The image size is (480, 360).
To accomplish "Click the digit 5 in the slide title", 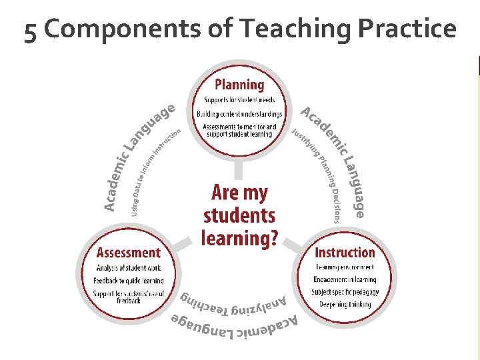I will point(30,31).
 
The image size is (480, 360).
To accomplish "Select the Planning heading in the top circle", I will point(239,85).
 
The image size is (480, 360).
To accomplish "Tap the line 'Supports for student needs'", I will point(239,101).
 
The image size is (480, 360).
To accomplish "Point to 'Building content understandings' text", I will point(239,114).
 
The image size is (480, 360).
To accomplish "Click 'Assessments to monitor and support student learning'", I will point(239,129).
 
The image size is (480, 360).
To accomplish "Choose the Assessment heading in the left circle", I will point(129,253).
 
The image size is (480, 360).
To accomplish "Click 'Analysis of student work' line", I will point(129,268).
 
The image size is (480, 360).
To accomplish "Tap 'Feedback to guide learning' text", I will point(129,281).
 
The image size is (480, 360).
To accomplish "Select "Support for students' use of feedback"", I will point(129,297).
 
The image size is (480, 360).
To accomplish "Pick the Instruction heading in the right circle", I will point(345,253).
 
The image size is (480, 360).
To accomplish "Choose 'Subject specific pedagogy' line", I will point(345,292).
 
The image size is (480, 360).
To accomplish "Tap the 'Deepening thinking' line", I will point(345,305).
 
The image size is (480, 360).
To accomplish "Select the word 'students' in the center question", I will point(239,215).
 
